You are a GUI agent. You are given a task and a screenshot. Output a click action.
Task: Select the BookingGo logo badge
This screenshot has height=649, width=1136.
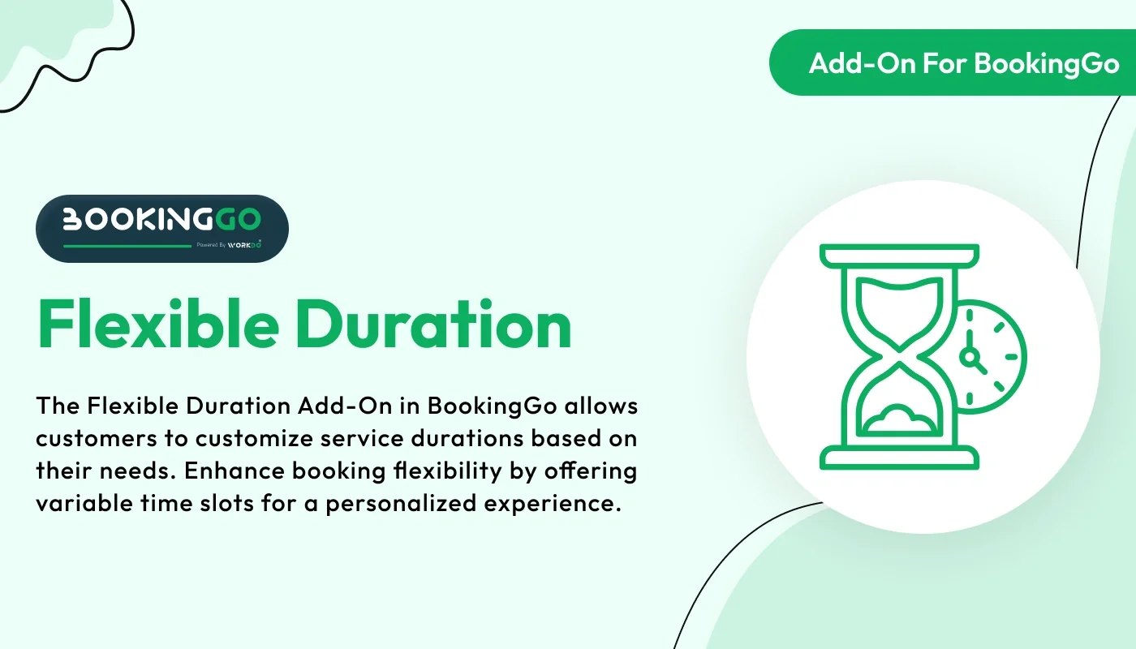click(162, 228)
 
